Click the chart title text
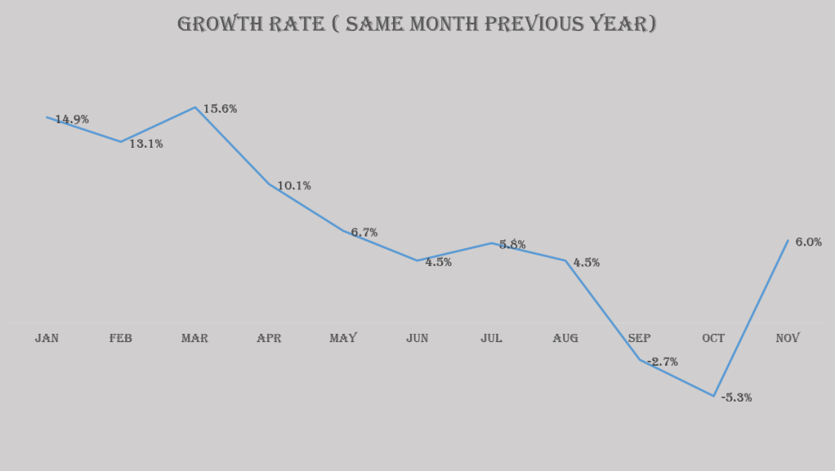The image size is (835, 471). [x=417, y=24]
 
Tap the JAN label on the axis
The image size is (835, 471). [x=47, y=339]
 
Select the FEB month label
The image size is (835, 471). [x=120, y=339]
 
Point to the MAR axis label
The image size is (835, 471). [x=194, y=339]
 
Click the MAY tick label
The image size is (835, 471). [x=343, y=339]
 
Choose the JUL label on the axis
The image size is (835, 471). [x=491, y=339]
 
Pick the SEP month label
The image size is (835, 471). [x=640, y=339]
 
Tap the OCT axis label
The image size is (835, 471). [x=713, y=339]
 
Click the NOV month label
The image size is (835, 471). [x=788, y=339]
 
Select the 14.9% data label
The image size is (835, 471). [x=72, y=120]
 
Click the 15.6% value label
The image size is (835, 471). [x=220, y=109]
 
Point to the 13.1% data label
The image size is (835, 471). [x=146, y=144]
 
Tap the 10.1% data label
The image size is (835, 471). [x=294, y=186]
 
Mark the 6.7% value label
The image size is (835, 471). [x=364, y=233]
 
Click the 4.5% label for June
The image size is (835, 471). [x=438, y=263]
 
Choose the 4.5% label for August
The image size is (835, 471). [x=587, y=263]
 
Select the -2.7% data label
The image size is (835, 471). [x=663, y=362]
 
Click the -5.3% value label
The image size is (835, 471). [x=736, y=398]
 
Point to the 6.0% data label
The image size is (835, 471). [x=808, y=242]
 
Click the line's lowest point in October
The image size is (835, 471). [x=714, y=396]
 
